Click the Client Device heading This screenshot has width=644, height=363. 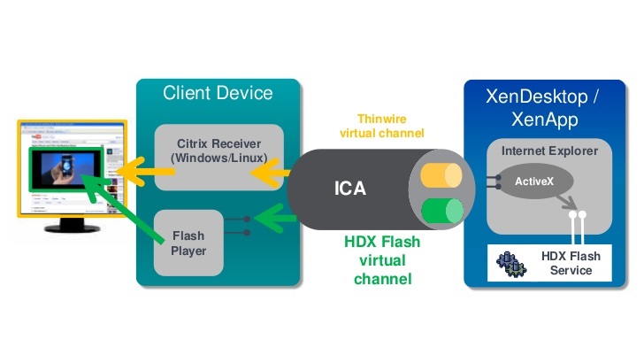coord(218,93)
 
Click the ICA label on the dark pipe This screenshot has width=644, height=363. coord(350,189)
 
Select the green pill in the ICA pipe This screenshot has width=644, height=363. coord(441,211)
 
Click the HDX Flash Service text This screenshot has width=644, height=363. coord(570,263)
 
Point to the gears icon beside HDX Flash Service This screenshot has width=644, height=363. coord(510,263)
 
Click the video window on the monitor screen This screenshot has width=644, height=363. coord(66,172)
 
